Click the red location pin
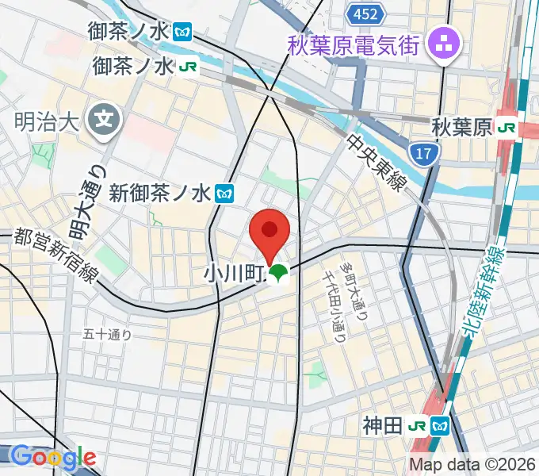click(269, 232)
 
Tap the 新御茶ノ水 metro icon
click(225, 192)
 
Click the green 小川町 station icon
click(277, 275)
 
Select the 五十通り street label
click(108, 335)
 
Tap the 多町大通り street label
click(354, 282)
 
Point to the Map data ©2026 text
click(472, 464)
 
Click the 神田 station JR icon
click(418, 426)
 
